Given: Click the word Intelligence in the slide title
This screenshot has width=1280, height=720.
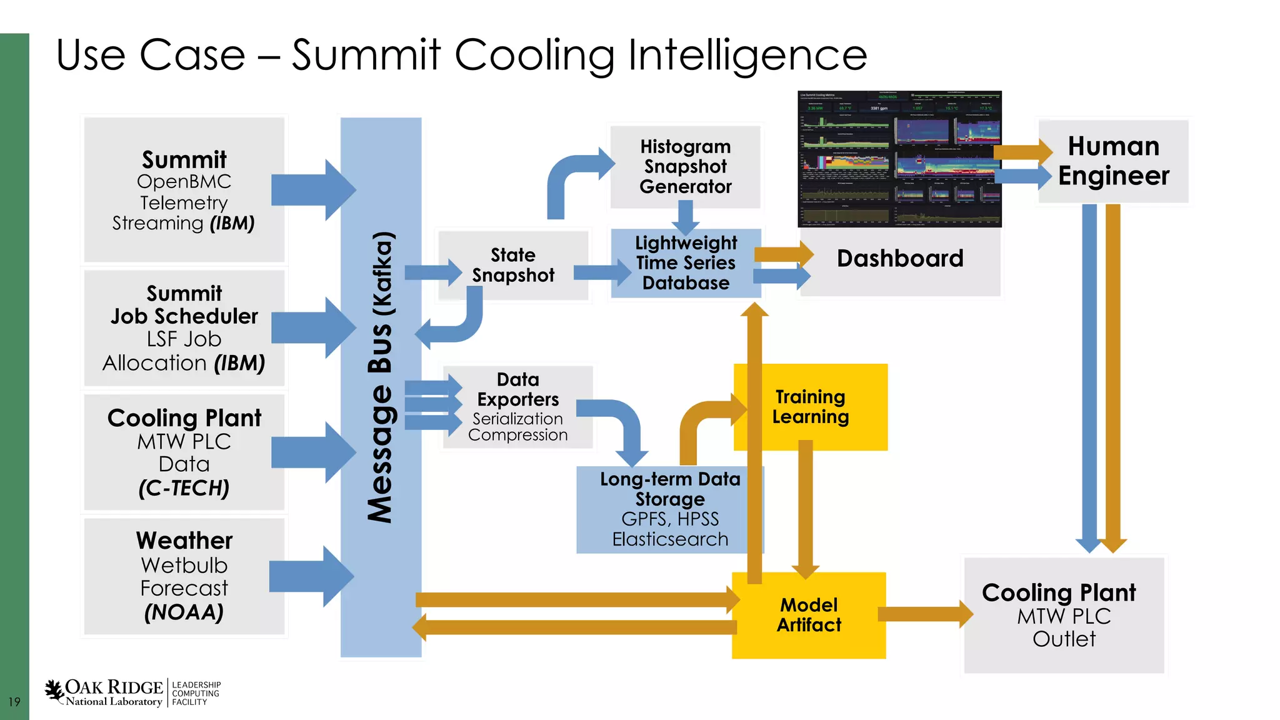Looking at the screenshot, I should pyautogui.click(x=747, y=55).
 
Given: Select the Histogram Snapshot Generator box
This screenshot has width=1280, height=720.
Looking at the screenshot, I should pyautogui.click(x=685, y=166).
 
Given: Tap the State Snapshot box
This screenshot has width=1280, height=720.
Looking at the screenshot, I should pyautogui.click(x=512, y=265).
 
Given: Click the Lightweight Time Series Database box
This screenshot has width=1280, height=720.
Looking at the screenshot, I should pyautogui.click(x=686, y=263).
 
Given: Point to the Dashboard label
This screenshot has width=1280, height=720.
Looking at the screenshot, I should pyautogui.click(x=900, y=258).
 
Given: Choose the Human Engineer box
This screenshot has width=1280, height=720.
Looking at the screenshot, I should pyautogui.click(x=1113, y=161).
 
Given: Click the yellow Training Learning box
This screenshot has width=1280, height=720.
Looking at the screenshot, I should pyautogui.click(x=811, y=407).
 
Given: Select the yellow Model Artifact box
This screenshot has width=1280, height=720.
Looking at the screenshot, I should pyautogui.click(x=809, y=615).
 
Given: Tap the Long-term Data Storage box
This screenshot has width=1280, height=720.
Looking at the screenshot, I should pyautogui.click(x=669, y=509).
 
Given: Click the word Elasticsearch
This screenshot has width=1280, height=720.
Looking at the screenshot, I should pyautogui.click(x=670, y=539).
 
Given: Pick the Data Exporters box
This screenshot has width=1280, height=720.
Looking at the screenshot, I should pyautogui.click(x=517, y=407).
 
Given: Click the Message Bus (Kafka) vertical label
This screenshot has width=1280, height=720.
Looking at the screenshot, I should pyautogui.click(x=380, y=377).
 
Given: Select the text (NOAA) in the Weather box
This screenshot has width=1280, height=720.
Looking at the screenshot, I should pyautogui.click(x=184, y=612).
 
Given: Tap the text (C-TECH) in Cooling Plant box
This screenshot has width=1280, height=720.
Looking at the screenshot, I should pyautogui.click(x=184, y=488).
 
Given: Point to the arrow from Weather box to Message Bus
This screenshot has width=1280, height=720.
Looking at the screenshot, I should pyautogui.click(x=310, y=576).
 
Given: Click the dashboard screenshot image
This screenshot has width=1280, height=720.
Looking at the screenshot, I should pyautogui.click(x=899, y=159).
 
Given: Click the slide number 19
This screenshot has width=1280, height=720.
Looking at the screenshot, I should pyautogui.click(x=14, y=702).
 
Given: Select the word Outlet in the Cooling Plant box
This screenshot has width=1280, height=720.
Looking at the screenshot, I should pyautogui.click(x=1064, y=639).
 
